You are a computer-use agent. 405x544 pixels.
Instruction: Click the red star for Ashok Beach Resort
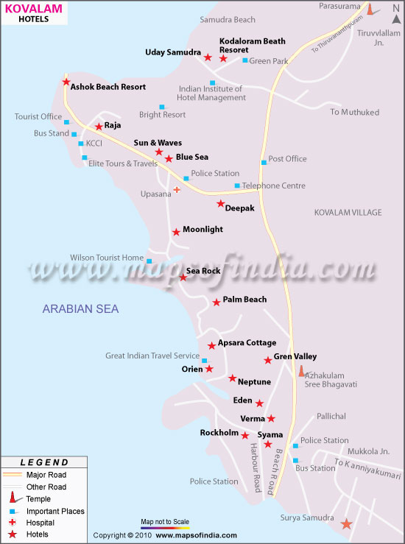[66, 82]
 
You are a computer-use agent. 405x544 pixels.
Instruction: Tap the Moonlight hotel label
[202, 230]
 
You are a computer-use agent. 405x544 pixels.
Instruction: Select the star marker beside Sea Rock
[183, 278]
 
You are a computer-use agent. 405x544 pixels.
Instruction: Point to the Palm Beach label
[244, 300]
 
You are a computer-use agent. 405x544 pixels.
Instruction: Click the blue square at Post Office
[263, 162]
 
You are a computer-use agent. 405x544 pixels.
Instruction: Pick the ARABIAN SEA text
[80, 309]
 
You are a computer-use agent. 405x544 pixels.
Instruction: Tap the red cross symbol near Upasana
[177, 190]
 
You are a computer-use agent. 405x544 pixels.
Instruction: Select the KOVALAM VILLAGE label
[348, 213]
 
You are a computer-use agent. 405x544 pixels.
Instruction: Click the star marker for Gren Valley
[268, 361]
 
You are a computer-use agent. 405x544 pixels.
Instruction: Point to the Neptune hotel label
[254, 382]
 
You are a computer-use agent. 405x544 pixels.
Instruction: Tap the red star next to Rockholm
[245, 435]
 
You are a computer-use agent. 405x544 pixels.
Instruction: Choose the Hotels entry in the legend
[42, 534]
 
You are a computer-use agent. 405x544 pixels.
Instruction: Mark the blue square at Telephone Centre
[237, 186]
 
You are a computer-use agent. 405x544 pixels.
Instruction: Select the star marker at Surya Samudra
[346, 524]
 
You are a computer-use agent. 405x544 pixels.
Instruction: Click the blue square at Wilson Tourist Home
[149, 261]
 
